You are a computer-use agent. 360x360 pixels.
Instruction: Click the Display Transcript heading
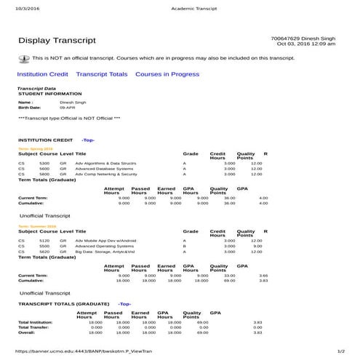coord(55,41)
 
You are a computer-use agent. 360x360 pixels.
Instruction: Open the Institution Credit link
coord(43,74)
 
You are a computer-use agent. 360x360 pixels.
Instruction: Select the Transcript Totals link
coord(102,74)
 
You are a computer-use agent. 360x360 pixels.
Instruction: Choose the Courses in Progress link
coord(167,74)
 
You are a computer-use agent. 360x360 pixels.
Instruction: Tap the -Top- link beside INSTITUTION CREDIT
coord(88,140)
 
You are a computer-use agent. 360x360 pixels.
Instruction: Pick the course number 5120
coord(44,241)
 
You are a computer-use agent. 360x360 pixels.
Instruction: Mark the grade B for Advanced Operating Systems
coord(185,247)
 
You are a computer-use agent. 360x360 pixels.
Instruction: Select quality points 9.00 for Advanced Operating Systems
coord(257,247)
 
